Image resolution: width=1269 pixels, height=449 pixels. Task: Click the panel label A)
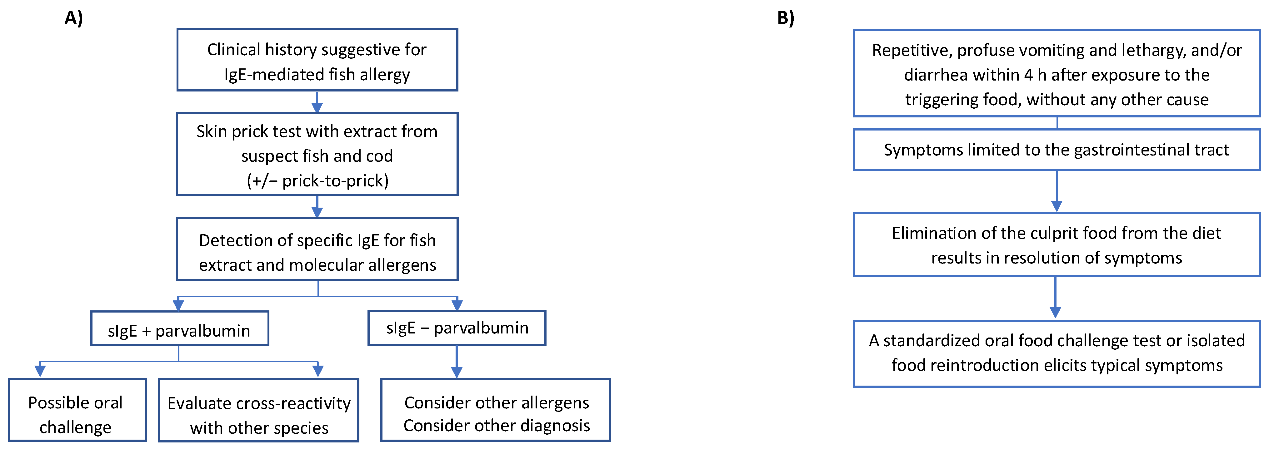[x=73, y=18]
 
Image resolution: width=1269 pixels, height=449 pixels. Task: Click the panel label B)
[x=785, y=18]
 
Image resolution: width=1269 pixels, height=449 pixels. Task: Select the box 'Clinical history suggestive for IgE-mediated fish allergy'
[x=317, y=60]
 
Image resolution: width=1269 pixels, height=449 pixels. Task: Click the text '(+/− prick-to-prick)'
[x=317, y=181]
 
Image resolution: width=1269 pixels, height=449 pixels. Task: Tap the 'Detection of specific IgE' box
[x=317, y=249]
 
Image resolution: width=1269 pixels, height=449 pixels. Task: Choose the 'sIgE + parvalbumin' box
[x=179, y=329]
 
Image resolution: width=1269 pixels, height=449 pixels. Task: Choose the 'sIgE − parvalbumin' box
[x=457, y=328]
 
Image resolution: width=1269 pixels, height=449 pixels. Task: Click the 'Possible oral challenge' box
[x=77, y=410]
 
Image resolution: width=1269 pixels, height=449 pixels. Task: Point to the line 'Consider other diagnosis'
[x=496, y=425]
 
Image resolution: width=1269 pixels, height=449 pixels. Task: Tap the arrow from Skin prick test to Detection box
[x=317, y=207]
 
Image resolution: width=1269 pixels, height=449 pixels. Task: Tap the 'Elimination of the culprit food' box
[x=1056, y=245]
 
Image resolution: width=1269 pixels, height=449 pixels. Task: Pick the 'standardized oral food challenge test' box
[x=1056, y=353]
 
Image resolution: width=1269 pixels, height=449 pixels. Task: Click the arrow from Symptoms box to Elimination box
[x=1056, y=192]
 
